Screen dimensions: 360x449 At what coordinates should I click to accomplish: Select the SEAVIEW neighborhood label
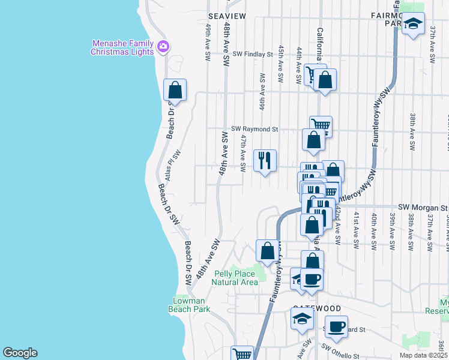click(227, 16)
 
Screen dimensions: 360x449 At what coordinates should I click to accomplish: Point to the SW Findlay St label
click(253, 54)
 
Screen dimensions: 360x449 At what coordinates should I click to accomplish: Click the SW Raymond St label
click(255, 129)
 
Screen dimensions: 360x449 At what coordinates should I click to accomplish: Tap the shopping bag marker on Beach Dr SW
click(175, 90)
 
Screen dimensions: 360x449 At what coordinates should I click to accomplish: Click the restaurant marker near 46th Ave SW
click(265, 160)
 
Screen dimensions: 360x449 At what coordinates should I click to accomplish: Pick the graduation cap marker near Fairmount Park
click(412, 24)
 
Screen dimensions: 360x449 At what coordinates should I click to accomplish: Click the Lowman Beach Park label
click(191, 305)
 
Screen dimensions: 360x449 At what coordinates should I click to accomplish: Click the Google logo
click(20, 353)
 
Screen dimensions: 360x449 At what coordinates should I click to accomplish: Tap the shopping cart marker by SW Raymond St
click(321, 125)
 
